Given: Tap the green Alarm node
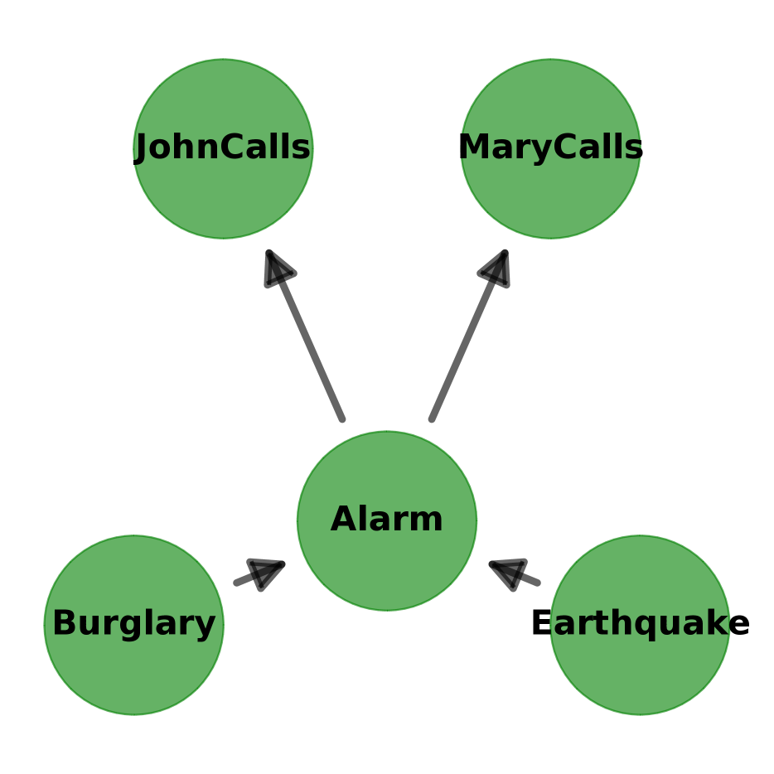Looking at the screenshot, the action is [x=387, y=564].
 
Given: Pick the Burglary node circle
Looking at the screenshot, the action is [x=133, y=671].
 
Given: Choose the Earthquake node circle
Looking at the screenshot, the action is [x=640, y=671].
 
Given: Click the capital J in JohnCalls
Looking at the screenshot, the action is [x=144, y=149].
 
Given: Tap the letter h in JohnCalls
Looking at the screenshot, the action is [x=184, y=148].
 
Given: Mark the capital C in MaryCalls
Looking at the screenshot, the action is [x=565, y=148].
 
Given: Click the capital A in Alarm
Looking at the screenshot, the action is [x=343, y=520].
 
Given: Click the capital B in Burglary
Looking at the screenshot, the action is [x=65, y=624].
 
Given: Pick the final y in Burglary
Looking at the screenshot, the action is [x=206, y=627].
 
